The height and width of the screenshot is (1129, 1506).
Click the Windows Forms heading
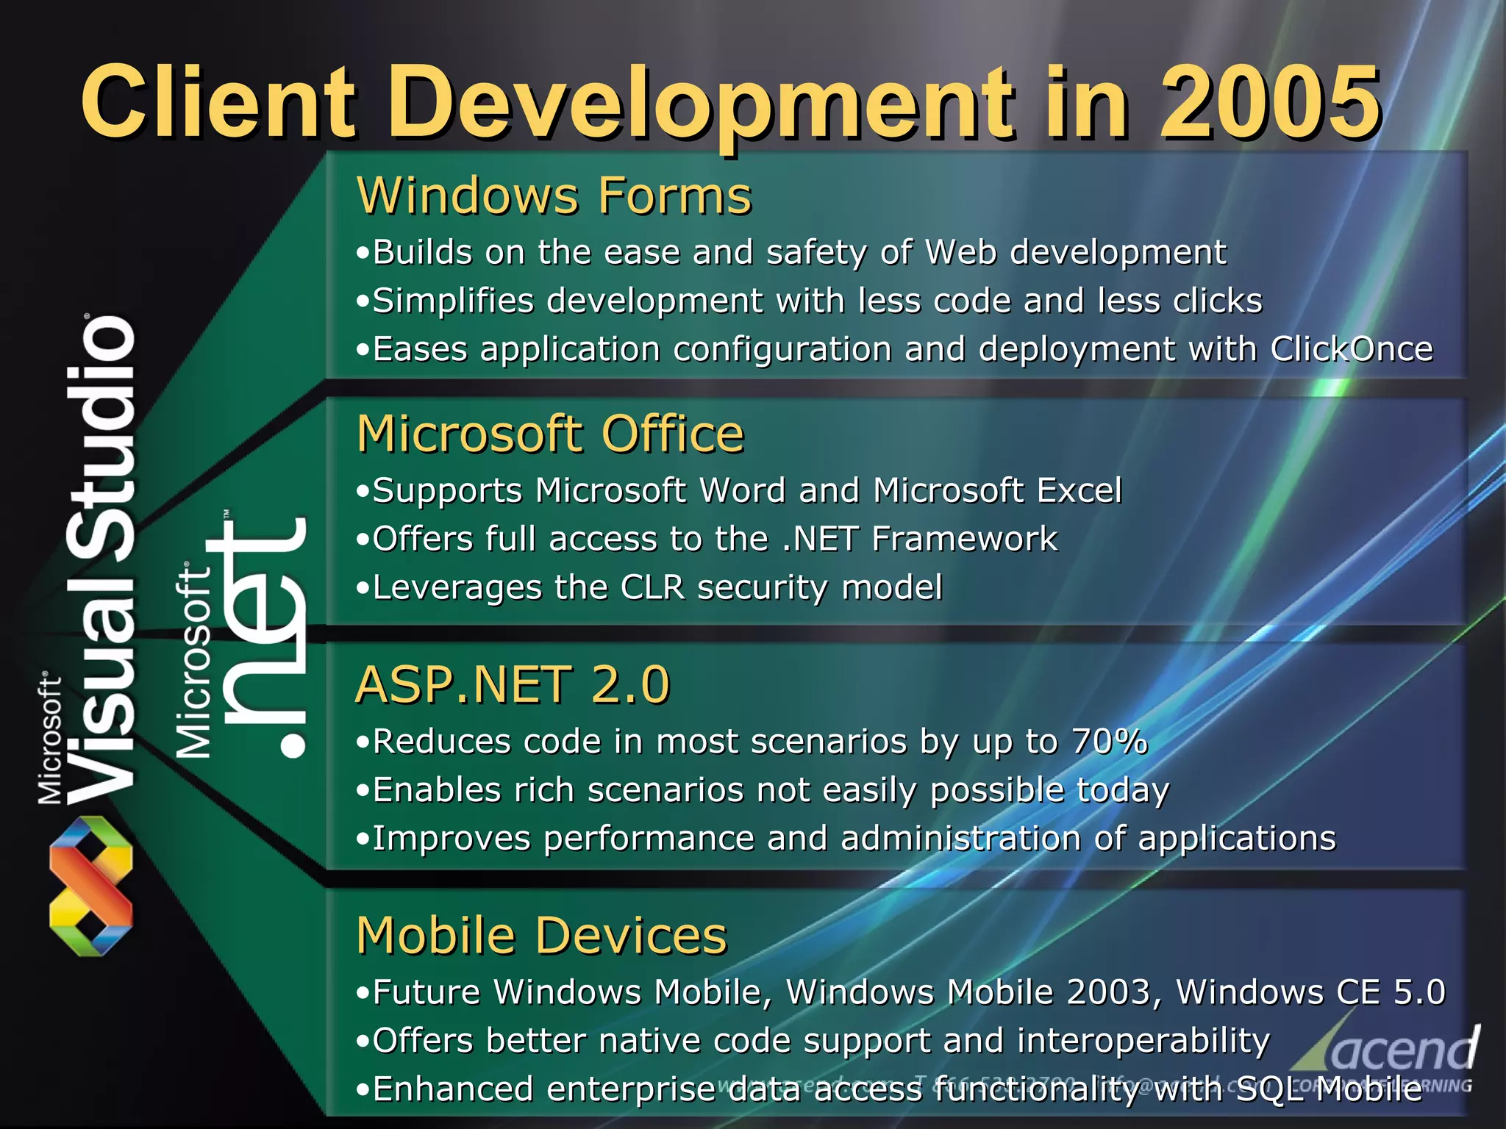coord(554,196)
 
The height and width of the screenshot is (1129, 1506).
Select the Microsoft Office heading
coord(551,434)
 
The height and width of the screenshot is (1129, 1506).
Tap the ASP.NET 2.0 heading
coord(513,684)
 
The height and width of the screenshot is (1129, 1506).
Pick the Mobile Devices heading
coord(542,936)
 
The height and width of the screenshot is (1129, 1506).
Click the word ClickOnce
coord(1352,348)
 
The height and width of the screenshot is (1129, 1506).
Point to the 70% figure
coord(1109,741)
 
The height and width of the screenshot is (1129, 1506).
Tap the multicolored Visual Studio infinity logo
coord(90,886)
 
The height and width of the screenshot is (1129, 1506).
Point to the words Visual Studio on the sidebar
coord(103,559)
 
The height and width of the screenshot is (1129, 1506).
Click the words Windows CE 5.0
coord(1310,992)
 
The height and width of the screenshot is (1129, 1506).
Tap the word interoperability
coord(1143,1040)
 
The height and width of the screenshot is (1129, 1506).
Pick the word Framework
coord(964,539)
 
